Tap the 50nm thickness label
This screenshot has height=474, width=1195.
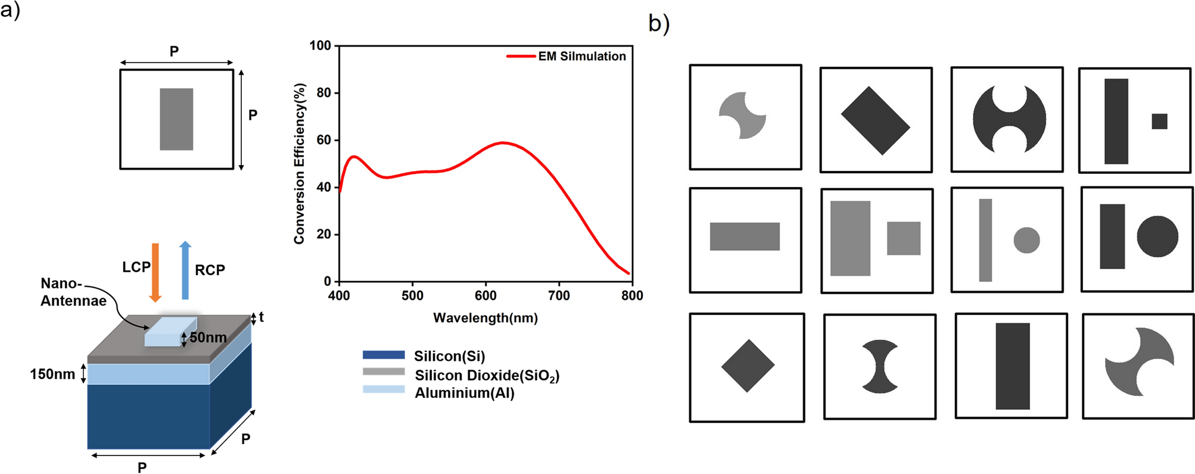[208, 338]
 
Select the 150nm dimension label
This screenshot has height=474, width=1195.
[52, 374]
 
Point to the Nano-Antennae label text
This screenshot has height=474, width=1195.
[73, 292]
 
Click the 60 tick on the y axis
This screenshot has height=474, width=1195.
[323, 140]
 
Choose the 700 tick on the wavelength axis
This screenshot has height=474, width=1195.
[559, 295]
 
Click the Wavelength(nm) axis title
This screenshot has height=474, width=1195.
[485, 318]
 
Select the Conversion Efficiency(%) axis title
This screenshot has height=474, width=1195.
[299, 163]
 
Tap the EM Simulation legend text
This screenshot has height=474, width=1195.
[582, 56]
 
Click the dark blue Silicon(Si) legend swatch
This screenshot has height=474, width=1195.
[384, 355]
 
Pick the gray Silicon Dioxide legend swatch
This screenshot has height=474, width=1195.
[384, 372]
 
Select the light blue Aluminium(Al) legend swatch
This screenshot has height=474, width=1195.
[384, 389]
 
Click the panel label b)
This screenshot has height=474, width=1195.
[659, 24]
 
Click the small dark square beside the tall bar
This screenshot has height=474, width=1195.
[1159, 121]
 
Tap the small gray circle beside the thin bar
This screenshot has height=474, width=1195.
[1026, 240]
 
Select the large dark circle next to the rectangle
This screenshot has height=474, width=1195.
[1157, 236]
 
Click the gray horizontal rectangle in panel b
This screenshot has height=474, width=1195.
[745, 236]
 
